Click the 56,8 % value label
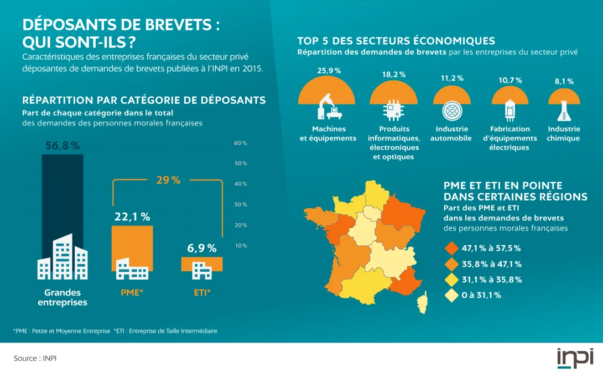(63, 146)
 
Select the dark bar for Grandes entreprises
(63, 199)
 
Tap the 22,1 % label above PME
(132, 217)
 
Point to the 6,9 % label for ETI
(202, 248)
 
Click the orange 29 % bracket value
(168, 180)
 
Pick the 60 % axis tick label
(241, 143)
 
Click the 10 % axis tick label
(241, 245)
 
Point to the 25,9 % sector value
(329, 71)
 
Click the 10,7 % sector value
(510, 80)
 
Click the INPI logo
(575, 358)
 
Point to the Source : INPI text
(35, 359)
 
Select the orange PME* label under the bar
(132, 293)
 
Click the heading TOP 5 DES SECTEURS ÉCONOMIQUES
(396, 41)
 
